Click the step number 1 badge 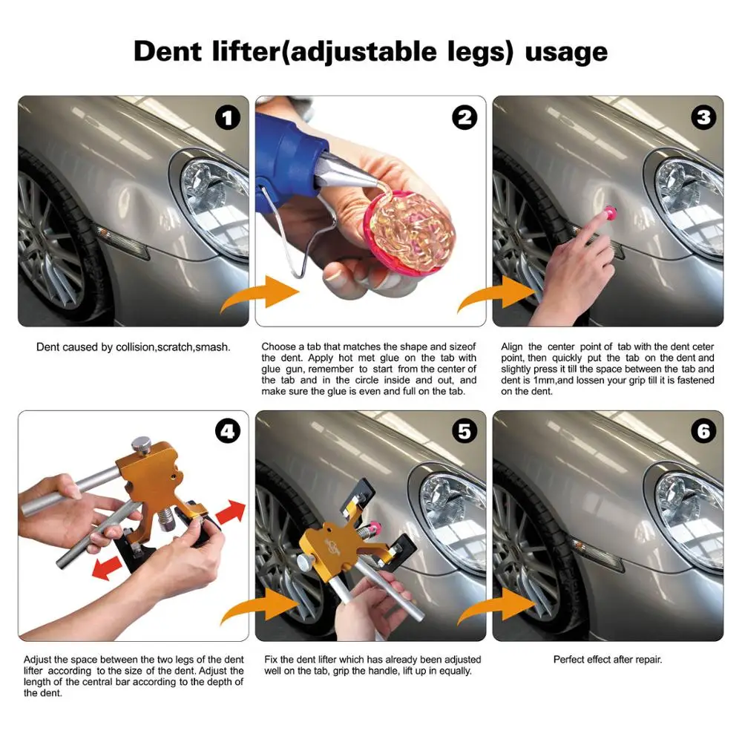[227, 118]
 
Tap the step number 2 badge [464, 118]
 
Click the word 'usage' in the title [566, 52]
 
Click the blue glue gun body [289, 160]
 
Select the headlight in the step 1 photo [215, 200]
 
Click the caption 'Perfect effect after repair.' [608, 659]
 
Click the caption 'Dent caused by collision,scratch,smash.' [134, 347]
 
